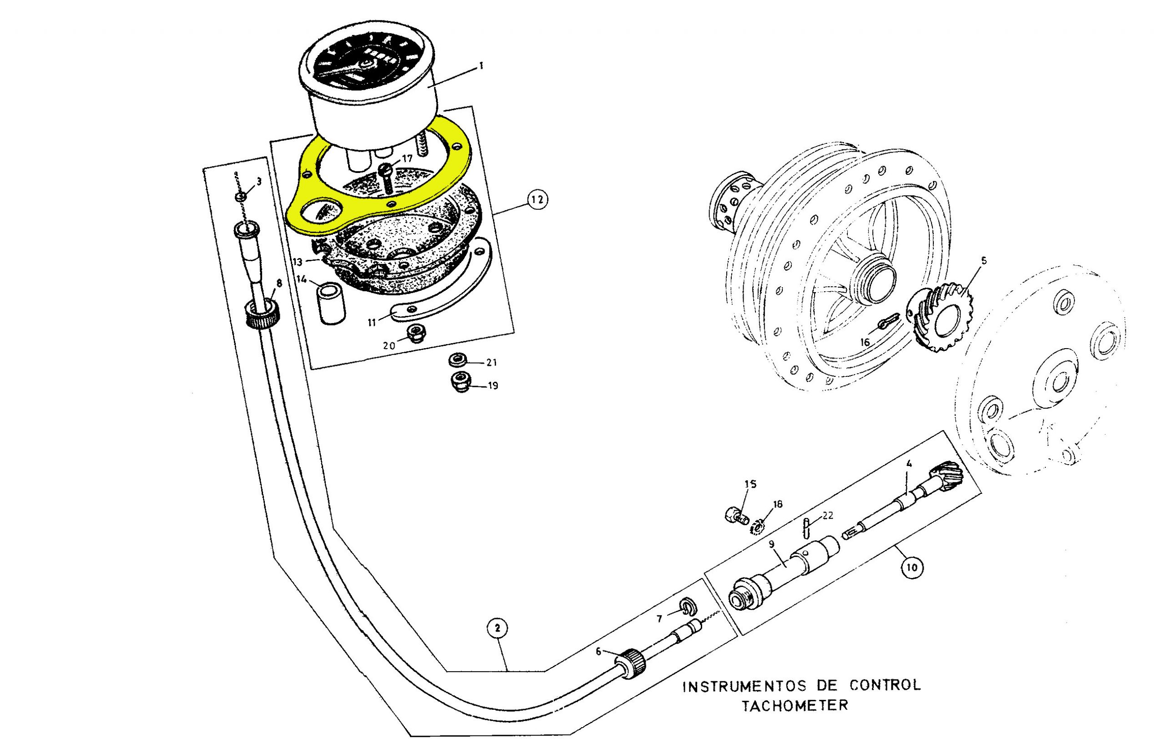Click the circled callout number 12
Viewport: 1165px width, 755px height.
(537, 200)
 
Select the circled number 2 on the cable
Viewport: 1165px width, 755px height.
(497, 628)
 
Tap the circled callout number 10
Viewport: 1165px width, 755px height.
(911, 567)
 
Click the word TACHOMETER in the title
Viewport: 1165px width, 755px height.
(795, 705)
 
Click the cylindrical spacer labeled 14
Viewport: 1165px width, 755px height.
(332, 304)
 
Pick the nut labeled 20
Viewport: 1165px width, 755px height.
(416, 334)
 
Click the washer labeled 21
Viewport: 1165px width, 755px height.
(457, 360)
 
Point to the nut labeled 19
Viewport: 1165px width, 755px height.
(461, 382)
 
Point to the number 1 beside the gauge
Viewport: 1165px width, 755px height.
(481, 66)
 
